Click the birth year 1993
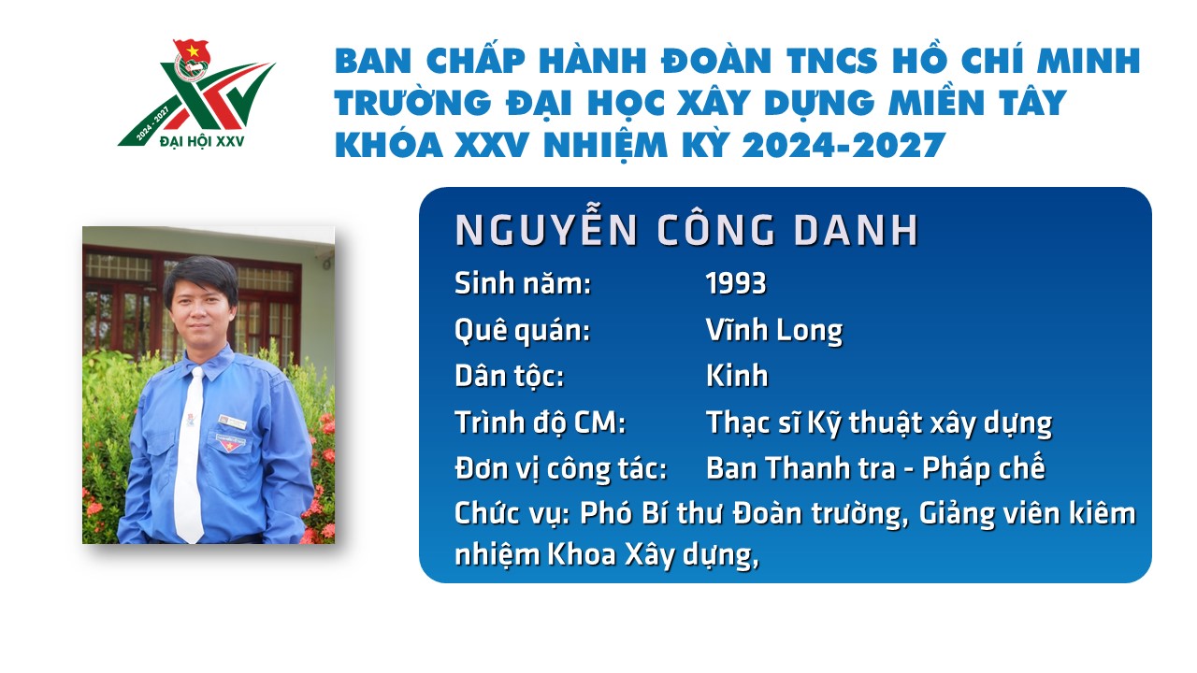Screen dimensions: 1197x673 point(736,283)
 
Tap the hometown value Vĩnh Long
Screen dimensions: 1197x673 point(773,330)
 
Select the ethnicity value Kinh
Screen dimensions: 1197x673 point(737,376)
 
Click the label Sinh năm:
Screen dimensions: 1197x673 point(523,283)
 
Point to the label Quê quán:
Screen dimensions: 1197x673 point(523,331)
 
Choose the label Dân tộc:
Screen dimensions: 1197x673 point(510,376)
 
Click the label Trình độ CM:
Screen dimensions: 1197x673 point(540,422)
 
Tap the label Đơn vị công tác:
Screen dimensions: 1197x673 point(560,469)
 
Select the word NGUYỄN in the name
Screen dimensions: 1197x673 point(546,229)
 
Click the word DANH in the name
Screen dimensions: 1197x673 point(856,231)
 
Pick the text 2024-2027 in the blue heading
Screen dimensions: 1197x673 point(844,145)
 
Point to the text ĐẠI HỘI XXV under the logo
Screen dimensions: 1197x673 point(202,141)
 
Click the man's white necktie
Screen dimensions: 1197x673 point(190,454)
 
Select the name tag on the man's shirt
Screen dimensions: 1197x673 point(232,422)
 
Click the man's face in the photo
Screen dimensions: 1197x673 point(200,309)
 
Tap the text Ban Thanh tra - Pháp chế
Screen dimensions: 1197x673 point(875,468)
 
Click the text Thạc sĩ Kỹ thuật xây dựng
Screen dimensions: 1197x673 point(879,423)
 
